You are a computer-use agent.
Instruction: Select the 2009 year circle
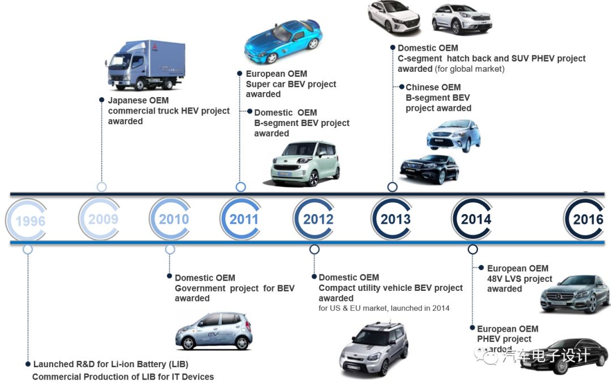tap(102, 219)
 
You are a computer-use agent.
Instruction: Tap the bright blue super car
tap(283, 41)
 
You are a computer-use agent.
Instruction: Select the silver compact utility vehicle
tap(373, 349)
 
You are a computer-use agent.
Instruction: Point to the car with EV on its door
tap(214, 330)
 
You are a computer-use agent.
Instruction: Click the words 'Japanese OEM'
tap(138, 101)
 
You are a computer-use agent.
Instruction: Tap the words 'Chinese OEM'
tap(433, 87)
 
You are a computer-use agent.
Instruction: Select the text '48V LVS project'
tap(519, 278)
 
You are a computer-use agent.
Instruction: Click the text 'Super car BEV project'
tap(291, 84)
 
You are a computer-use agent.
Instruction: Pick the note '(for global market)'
tap(470, 69)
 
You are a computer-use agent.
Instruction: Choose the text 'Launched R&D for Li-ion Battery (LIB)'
tap(110, 364)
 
